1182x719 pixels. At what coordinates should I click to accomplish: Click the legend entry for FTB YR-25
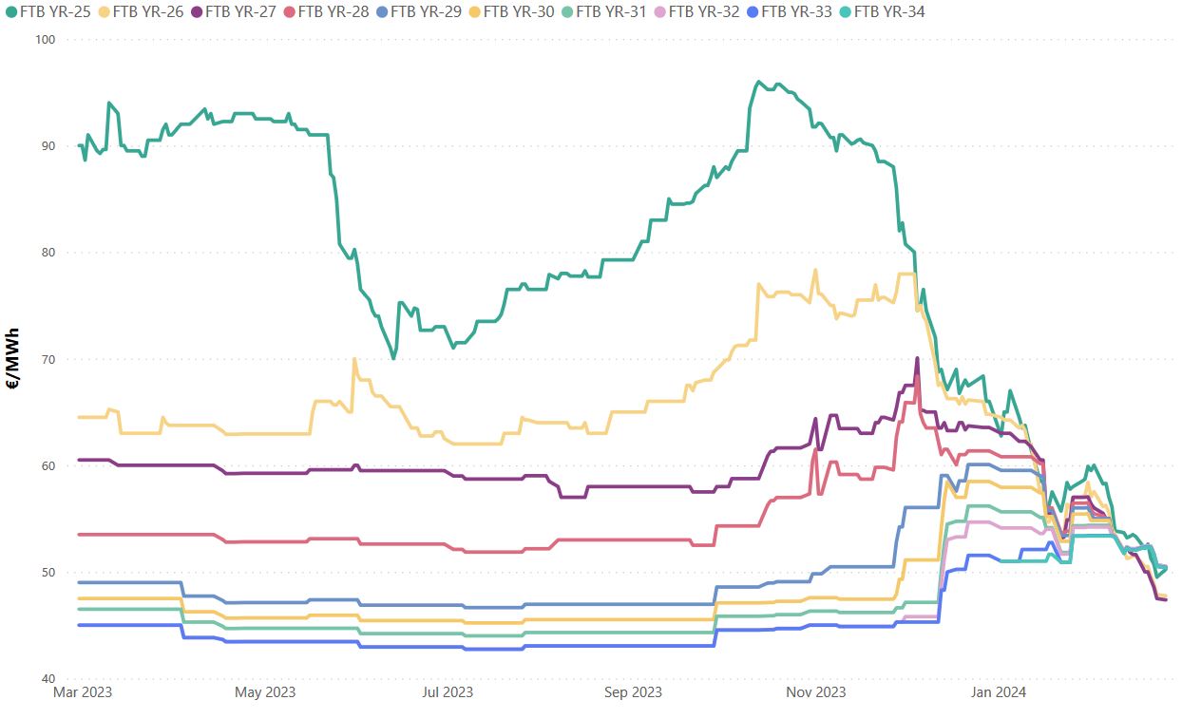[x=51, y=12]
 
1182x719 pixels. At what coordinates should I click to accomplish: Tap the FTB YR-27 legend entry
[x=237, y=12]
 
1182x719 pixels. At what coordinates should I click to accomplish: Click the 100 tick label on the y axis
[x=45, y=39]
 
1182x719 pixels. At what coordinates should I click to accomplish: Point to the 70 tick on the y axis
[x=48, y=359]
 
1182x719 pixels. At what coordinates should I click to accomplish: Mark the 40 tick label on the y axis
[x=48, y=679]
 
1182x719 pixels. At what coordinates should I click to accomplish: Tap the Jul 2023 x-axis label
[x=447, y=692]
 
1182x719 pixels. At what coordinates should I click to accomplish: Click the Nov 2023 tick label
[x=816, y=692]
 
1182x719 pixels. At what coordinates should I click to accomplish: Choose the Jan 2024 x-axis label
[x=997, y=692]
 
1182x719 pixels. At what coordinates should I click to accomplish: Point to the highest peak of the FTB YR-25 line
[x=758, y=82]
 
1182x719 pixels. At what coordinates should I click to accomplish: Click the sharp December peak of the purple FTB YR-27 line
[x=917, y=358]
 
